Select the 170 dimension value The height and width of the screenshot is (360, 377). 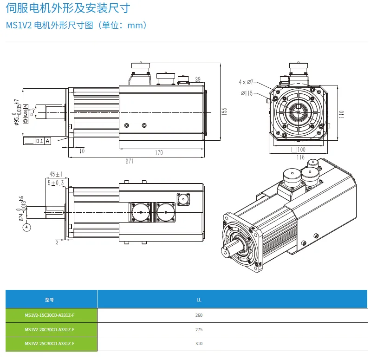(159, 152)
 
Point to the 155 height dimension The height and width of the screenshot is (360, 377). (224, 111)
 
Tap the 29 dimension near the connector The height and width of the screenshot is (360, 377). (198, 79)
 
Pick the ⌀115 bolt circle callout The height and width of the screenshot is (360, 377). (247, 93)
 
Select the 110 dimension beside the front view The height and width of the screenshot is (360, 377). (341, 114)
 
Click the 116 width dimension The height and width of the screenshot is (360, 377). (300, 157)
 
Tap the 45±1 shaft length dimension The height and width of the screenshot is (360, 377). (55, 174)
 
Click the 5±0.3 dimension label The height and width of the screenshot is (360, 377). (56, 183)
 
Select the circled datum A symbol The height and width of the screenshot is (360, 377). (27, 227)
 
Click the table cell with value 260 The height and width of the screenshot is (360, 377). (199, 315)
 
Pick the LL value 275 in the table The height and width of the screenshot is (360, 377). (199, 330)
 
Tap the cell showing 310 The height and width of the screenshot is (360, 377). (199, 344)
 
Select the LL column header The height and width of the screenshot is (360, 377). (199, 300)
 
